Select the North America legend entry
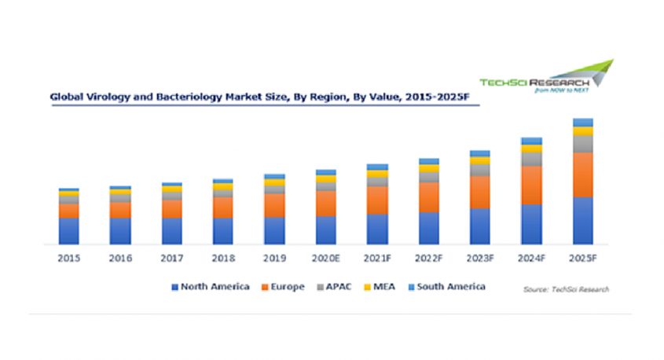point(211,287)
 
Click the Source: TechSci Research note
point(566,289)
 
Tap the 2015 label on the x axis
point(69,258)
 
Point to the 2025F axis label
point(582,258)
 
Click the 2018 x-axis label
point(222,258)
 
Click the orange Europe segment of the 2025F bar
point(582,174)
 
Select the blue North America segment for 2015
point(69,230)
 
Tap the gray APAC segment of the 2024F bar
point(531,159)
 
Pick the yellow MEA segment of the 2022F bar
point(428,168)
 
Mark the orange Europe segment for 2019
point(274,205)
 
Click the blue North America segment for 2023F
point(479,226)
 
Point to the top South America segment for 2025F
point(582,122)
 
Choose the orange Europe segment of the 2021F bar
point(377,200)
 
